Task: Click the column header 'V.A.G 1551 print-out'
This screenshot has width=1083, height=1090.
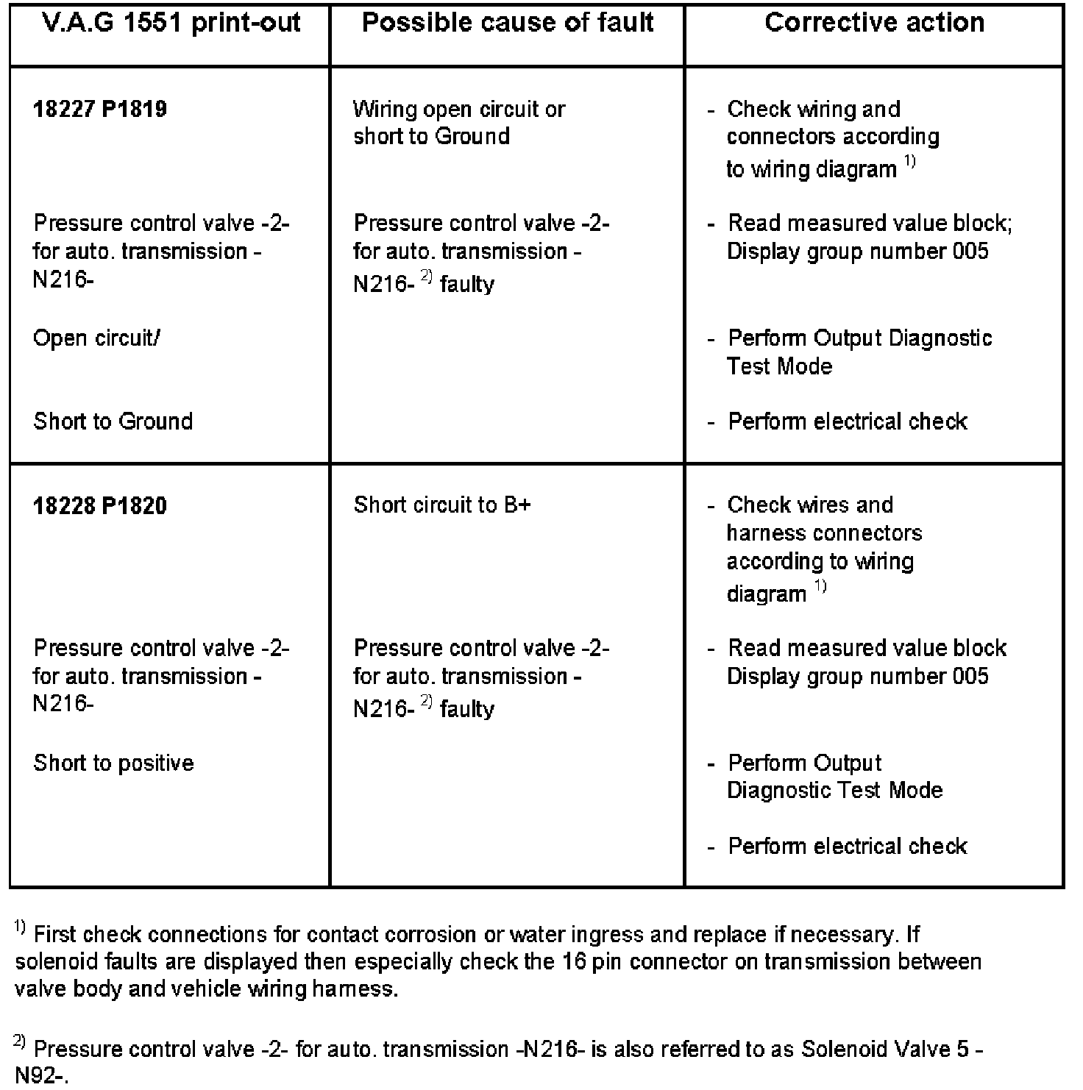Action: pos(171,23)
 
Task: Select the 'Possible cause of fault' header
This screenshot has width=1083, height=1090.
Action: pos(508,23)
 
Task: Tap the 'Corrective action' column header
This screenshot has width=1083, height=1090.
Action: pos(874,23)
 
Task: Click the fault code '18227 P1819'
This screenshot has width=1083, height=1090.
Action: pos(100,110)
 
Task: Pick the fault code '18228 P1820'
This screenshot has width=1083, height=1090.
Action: pos(100,506)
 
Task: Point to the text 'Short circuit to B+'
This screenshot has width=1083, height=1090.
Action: pos(441,505)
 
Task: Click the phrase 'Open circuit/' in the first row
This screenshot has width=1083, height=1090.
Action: pos(96,338)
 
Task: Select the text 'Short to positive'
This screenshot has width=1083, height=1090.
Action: pos(113,763)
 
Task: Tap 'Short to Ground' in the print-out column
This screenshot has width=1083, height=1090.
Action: pos(113,421)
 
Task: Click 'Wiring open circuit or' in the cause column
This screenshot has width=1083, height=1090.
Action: pos(459,110)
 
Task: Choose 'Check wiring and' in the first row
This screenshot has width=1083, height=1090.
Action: pos(813,110)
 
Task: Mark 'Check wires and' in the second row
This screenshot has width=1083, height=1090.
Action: pos(809,505)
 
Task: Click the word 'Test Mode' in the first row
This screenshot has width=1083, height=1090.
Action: pos(779,366)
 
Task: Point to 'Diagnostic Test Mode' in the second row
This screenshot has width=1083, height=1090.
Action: pos(834,791)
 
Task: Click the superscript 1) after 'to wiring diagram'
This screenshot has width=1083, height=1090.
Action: pos(910,163)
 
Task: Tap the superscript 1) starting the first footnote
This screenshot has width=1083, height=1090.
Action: pos(20,929)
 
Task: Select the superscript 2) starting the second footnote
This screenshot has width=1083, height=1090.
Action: pos(20,1042)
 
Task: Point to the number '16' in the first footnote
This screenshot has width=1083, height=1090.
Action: pos(574,962)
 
